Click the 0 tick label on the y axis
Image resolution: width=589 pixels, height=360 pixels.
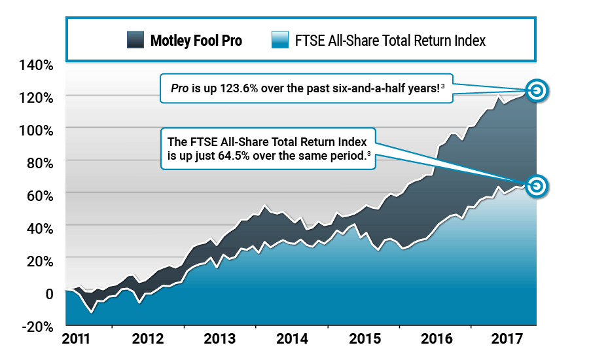point(48,293)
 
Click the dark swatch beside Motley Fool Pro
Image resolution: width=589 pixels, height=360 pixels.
point(135,41)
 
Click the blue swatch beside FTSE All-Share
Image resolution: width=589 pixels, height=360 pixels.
point(279,41)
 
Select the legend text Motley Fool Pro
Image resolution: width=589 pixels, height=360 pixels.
point(196,41)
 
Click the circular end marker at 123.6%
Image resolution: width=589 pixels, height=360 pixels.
point(536,90)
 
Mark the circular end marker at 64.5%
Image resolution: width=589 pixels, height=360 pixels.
point(536,186)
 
